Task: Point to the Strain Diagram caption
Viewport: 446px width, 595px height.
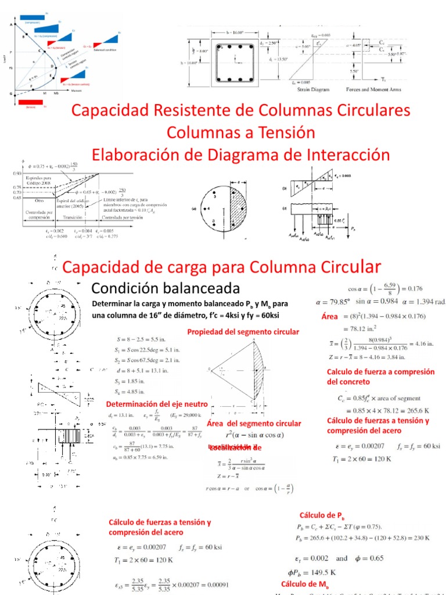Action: click(x=310, y=89)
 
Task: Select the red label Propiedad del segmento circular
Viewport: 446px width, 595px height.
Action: click(x=243, y=331)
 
